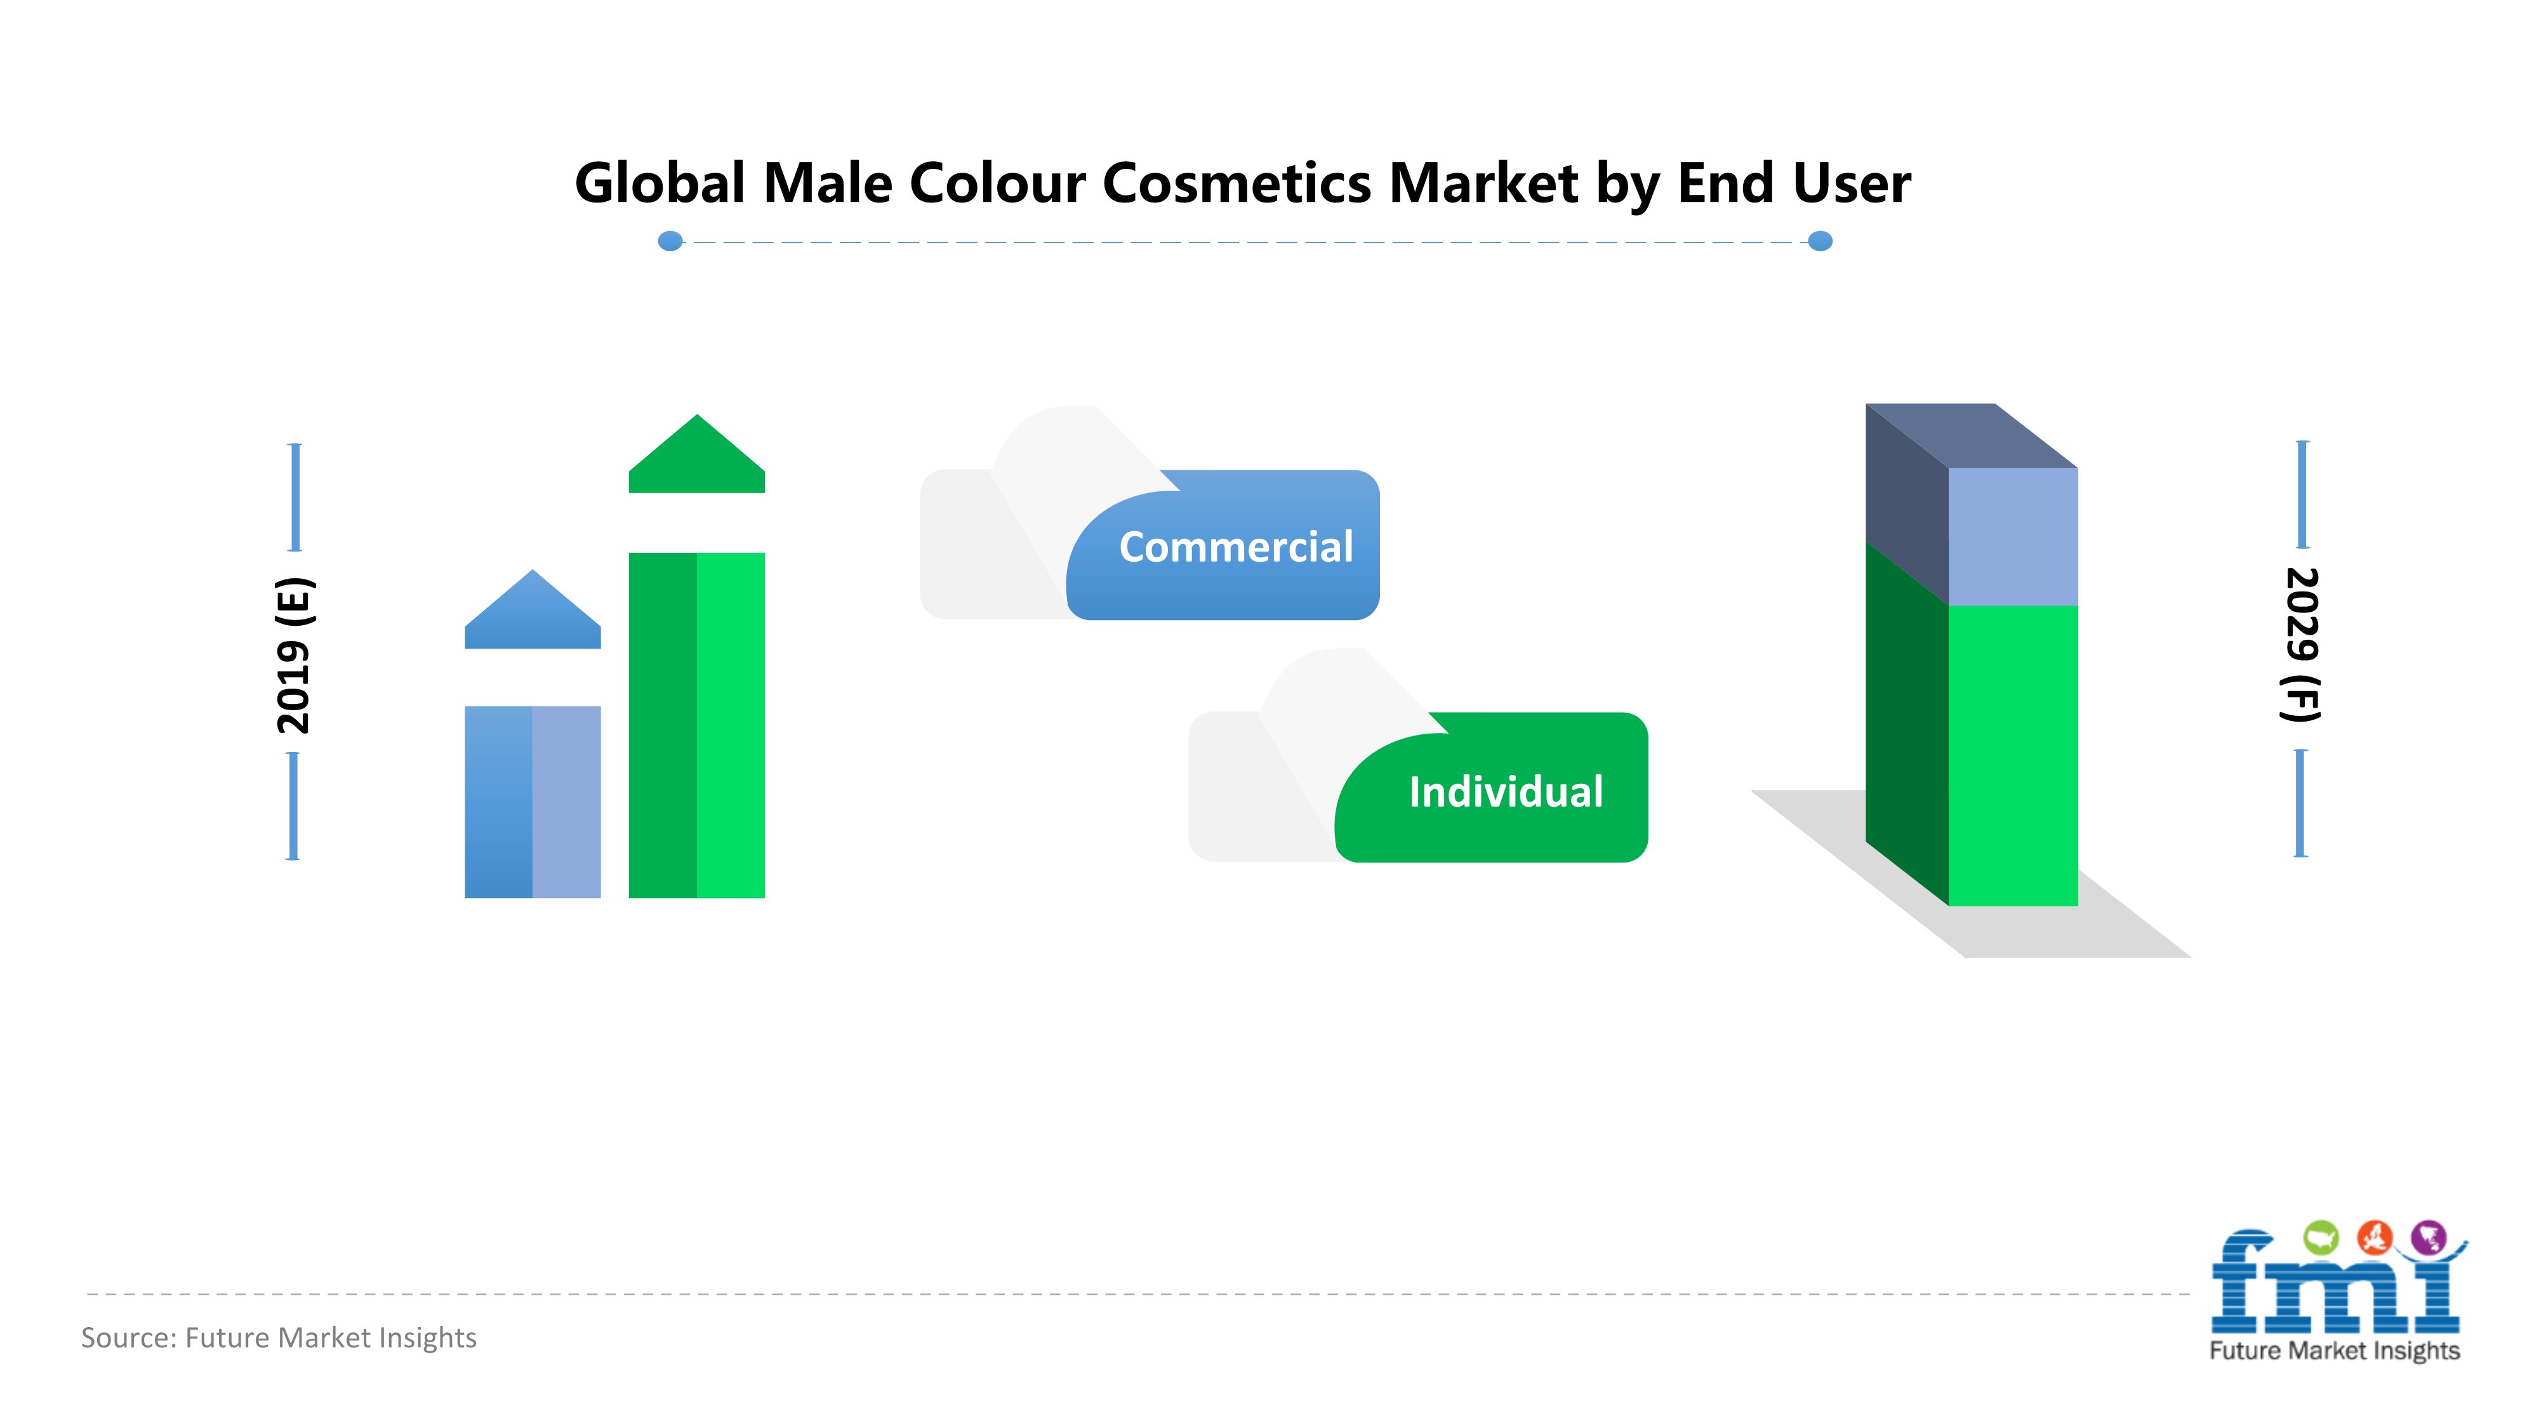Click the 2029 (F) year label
point(2302,645)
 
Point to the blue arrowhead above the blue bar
point(533,609)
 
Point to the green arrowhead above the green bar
point(697,453)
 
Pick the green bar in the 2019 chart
point(697,725)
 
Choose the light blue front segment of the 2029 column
point(2013,537)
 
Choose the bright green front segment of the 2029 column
point(2013,756)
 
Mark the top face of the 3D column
point(1972,435)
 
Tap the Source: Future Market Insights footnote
point(279,1337)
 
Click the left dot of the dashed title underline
point(670,241)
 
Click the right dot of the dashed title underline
point(1820,241)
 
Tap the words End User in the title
point(1794,183)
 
